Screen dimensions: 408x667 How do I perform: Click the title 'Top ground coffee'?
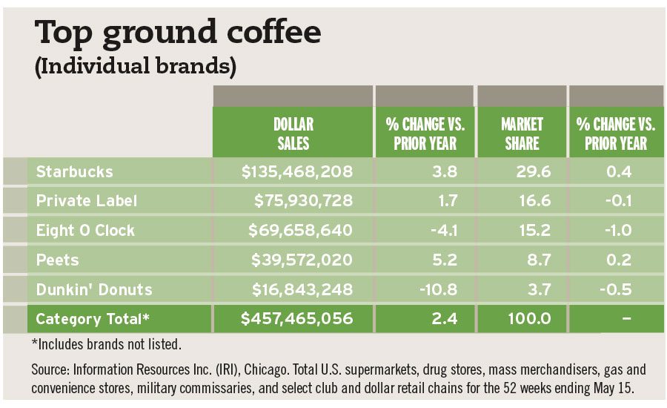[x=179, y=33]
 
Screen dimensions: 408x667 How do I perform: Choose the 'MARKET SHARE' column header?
[x=522, y=134]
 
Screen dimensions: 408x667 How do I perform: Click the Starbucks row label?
[x=75, y=172]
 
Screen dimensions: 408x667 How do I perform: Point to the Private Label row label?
[x=87, y=201]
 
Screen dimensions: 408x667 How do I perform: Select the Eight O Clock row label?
[x=86, y=230]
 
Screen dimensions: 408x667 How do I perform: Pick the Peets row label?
[x=58, y=260]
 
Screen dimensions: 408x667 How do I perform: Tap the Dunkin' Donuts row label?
[x=95, y=289]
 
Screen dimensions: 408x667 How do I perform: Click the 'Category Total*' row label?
[x=93, y=319]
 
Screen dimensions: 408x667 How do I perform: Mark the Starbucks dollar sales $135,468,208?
[x=296, y=172]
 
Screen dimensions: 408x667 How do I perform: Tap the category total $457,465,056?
[x=296, y=319]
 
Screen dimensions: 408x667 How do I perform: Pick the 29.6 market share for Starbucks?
[x=530, y=172]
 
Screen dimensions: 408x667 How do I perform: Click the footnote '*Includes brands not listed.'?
[x=106, y=344]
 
